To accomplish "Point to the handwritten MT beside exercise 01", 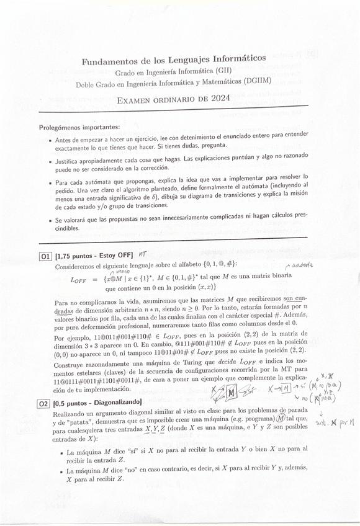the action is pyautogui.click(x=143, y=254).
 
